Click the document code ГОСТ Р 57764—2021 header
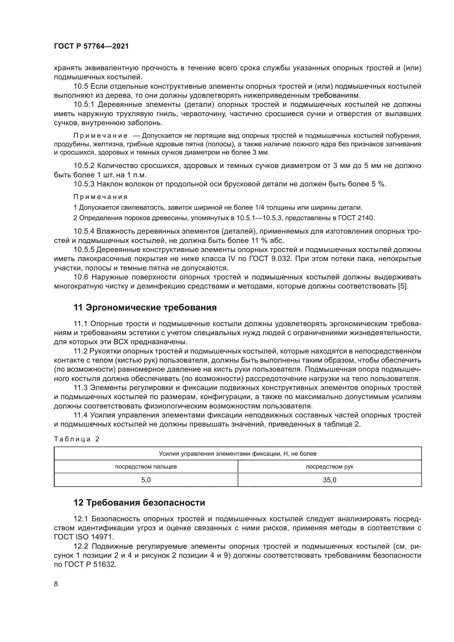91,46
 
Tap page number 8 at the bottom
56,584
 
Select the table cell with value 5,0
146,480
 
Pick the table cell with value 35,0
329,480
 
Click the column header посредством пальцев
146,466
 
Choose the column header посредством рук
329,466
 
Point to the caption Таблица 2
77,439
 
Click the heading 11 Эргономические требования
145,308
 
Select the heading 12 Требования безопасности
139,503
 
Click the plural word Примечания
100,197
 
